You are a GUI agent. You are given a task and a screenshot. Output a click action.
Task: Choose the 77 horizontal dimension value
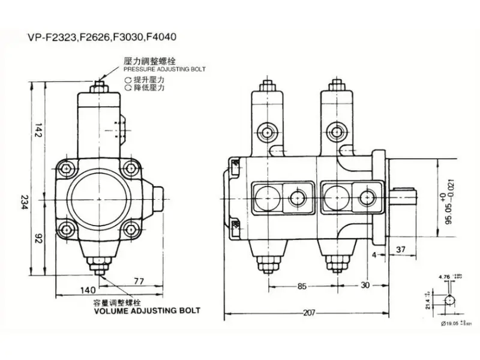point(139,280)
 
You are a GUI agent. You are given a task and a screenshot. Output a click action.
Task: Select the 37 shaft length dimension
point(402,250)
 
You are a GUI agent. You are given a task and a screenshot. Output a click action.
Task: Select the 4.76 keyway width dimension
point(444,277)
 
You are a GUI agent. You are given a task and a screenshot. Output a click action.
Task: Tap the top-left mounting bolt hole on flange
point(67,167)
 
